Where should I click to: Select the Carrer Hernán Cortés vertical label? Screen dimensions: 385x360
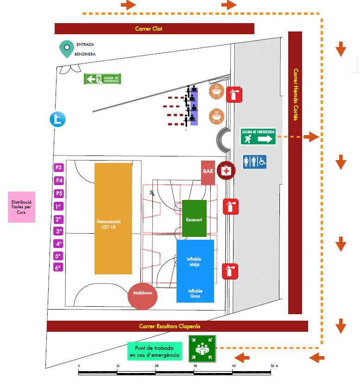click(295, 95)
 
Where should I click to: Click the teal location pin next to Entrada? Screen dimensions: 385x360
click(67, 49)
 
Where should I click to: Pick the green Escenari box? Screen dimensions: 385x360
click(194, 218)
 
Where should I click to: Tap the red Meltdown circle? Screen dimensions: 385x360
click(143, 294)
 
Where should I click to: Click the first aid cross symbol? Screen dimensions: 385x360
click(226, 171)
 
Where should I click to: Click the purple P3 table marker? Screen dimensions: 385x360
click(58, 168)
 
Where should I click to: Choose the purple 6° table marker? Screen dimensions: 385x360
click(58, 267)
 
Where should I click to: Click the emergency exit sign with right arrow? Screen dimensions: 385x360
click(258, 137)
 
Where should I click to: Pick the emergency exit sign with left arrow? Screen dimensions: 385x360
click(102, 79)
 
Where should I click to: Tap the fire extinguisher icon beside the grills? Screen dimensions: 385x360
click(234, 94)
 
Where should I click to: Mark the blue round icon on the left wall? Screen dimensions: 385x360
click(58, 119)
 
